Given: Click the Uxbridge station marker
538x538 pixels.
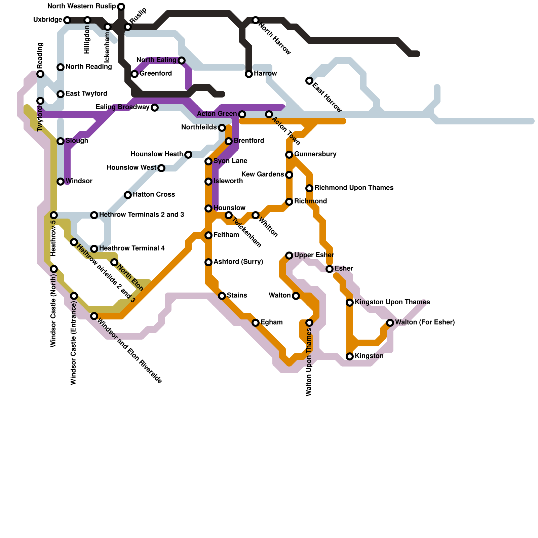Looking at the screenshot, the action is coord(67,20).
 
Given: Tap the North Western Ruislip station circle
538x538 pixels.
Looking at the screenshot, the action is coord(121,7).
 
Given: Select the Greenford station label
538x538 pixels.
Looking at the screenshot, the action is coord(156,74).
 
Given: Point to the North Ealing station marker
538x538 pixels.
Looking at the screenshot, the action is coord(182,61).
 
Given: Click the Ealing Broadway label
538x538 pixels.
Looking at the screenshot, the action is coord(122,107).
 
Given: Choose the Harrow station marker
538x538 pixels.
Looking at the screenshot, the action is coord(249,74).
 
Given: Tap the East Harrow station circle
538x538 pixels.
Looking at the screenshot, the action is coord(309,81).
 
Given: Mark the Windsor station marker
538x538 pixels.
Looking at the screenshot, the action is coord(61,182).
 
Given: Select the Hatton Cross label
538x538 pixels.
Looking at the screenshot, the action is coord(154,195).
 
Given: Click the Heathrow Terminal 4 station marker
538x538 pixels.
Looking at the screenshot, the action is coord(94,249).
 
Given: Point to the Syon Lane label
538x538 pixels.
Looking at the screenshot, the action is coord(230,161).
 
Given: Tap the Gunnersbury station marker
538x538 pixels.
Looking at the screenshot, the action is coord(289,155).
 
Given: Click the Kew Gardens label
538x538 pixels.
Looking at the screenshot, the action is coord(263,175).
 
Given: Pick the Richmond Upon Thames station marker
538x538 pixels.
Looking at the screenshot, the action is coord(309,188).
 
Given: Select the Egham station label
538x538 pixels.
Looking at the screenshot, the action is coord(271,322).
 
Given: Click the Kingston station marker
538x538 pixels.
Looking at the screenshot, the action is coord(350,356).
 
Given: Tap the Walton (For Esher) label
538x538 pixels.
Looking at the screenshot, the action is coord(425,322).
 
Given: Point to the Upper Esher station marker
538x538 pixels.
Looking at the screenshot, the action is coord(289,256).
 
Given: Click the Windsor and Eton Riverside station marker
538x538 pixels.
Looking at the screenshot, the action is coord(94,316).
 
